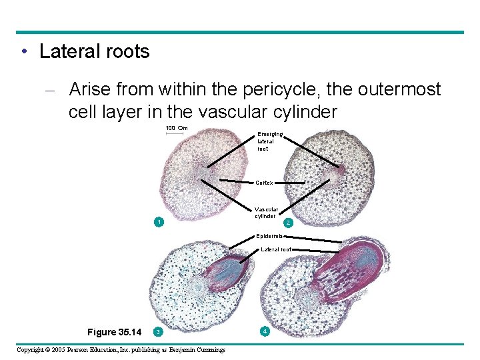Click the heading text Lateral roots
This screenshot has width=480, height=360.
(x=94, y=52)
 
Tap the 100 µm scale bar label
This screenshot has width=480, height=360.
(x=177, y=128)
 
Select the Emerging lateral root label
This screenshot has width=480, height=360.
(x=269, y=141)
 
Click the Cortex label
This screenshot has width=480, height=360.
(x=265, y=183)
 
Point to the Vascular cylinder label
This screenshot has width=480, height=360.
(x=265, y=212)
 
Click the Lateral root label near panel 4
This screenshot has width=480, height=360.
(x=275, y=249)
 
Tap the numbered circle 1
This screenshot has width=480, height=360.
(x=157, y=221)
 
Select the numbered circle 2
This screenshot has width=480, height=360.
(x=287, y=222)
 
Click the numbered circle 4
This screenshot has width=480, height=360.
(x=265, y=331)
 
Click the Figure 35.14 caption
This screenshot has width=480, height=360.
(x=115, y=332)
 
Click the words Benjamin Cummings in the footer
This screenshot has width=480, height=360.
(x=197, y=350)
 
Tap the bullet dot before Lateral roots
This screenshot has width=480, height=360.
(x=23, y=53)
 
